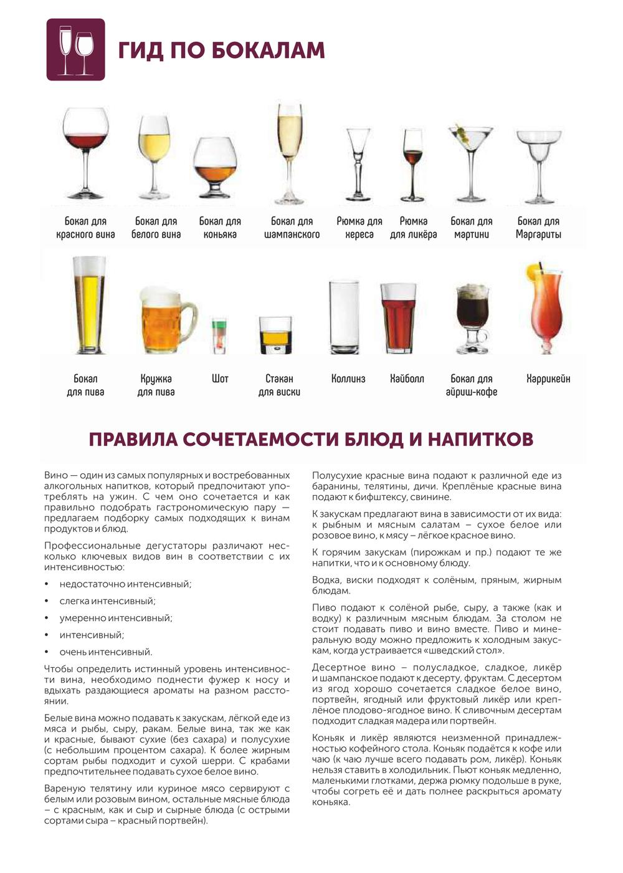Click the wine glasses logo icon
(75, 50)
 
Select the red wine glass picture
(85, 153)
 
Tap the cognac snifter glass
(215, 165)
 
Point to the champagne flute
(290, 153)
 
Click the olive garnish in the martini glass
(462, 132)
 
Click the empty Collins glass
(343, 318)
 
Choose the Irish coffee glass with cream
(472, 318)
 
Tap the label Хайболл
(407, 379)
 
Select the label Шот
(220, 379)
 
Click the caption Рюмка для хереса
(359, 228)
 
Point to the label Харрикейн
(548, 379)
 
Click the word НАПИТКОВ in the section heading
(480, 439)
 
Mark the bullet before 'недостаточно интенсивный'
(47, 584)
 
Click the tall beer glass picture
(88, 305)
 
